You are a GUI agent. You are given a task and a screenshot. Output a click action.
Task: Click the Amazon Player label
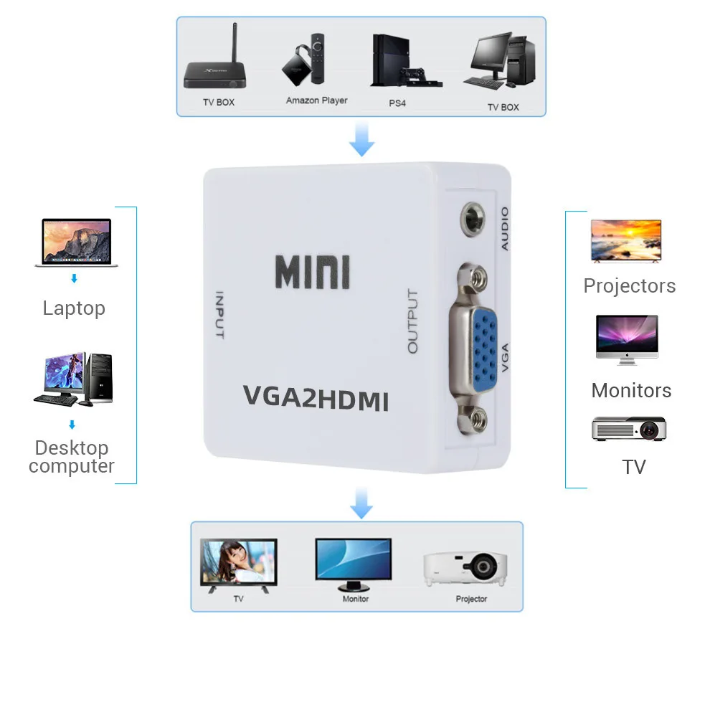tap(316, 100)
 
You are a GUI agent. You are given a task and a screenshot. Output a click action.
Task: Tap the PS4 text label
tap(397, 103)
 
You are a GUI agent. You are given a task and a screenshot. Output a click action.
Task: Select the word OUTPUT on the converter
tap(412, 321)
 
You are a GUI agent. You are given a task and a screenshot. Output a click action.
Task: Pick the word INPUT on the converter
tap(219, 316)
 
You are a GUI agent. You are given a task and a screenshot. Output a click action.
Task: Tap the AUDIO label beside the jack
tap(504, 228)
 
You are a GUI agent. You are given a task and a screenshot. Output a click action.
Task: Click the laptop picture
tap(76, 242)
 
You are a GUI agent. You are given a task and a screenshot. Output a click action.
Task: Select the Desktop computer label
tap(72, 457)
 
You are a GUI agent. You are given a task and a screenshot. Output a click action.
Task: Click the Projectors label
tap(629, 286)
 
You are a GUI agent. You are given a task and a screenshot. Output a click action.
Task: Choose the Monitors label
tap(631, 391)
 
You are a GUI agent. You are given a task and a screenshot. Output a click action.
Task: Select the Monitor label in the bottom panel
tap(355, 599)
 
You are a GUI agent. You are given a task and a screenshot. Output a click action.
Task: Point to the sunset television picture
tap(625, 241)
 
